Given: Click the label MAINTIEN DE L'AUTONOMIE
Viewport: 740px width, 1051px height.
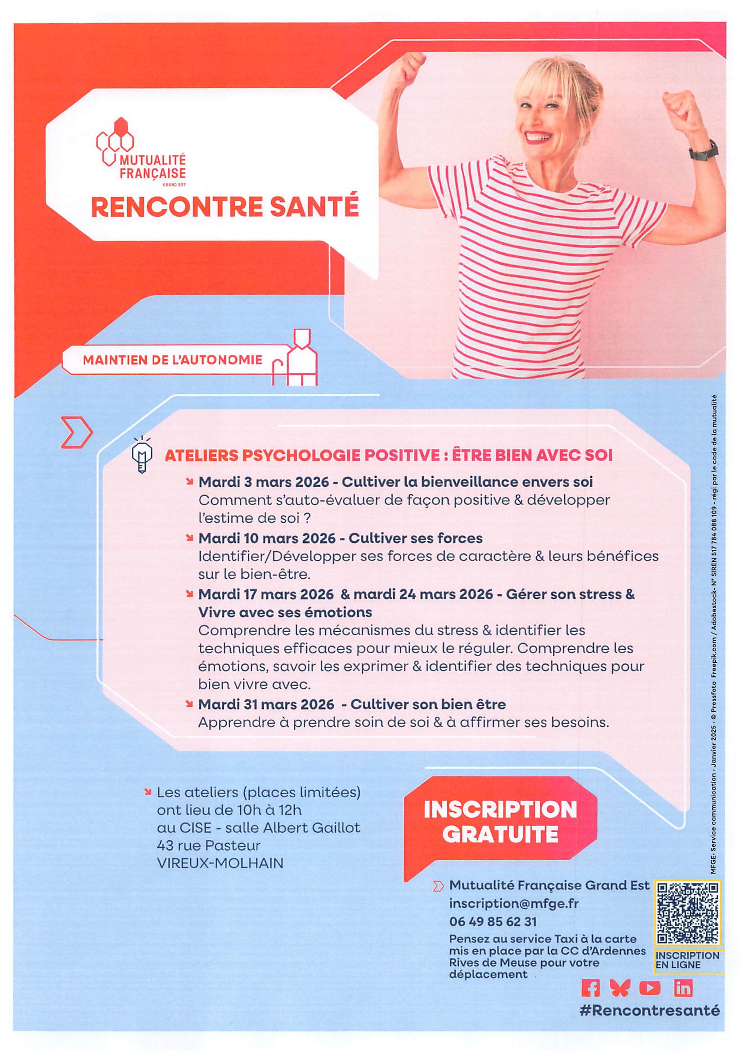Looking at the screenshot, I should (172, 359).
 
